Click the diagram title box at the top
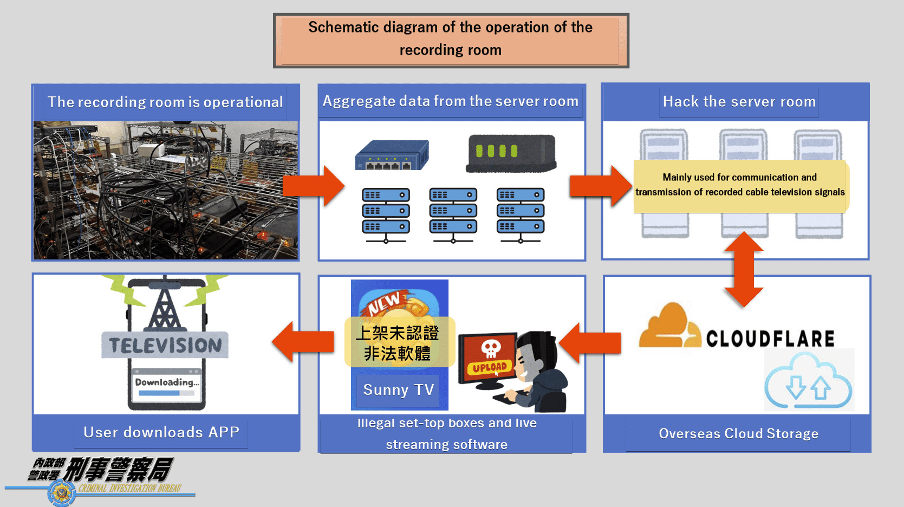click(x=451, y=41)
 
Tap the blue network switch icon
click(x=392, y=155)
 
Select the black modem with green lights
click(x=511, y=153)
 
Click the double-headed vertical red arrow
click(x=744, y=269)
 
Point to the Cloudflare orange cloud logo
click(x=669, y=326)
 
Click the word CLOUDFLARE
click(x=770, y=338)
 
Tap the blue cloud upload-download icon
click(x=808, y=381)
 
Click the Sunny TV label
click(x=398, y=389)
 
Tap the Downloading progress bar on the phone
click(x=164, y=393)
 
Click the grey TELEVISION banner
click(x=165, y=345)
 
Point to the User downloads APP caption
click(x=161, y=432)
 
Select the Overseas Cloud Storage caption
click(x=739, y=433)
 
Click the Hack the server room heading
click(x=739, y=101)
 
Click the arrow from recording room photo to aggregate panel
click(x=314, y=186)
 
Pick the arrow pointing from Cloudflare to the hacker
click(x=589, y=343)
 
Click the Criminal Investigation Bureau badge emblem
click(x=61, y=492)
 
